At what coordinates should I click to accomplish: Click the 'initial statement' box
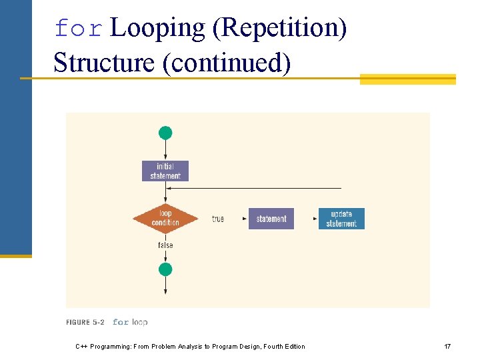pyautogui.click(x=165, y=171)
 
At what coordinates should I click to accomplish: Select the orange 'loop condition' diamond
pyautogui.click(x=165, y=219)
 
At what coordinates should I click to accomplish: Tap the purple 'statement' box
pyautogui.click(x=271, y=219)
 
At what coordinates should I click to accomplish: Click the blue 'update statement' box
pyautogui.click(x=341, y=219)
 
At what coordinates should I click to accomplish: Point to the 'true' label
pyautogui.click(x=218, y=219)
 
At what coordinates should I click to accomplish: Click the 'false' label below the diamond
pyautogui.click(x=165, y=245)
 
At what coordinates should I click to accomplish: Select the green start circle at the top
pyautogui.click(x=165, y=133)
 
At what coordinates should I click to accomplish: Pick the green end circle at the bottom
pyautogui.click(x=165, y=269)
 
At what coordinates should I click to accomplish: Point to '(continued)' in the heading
pyautogui.click(x=227, y=63)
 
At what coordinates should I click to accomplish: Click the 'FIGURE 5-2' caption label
pyautogui.click(x=85, y=322)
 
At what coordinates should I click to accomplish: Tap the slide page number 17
pyautogui.click(x=447, y=346)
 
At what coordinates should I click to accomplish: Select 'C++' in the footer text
pyautogui.click(x=82, y=346)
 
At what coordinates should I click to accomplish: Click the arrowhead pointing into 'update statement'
pyautogui.click(x=315, y=219)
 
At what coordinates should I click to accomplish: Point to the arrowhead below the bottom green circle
pyautogui.click(x=165, y=291)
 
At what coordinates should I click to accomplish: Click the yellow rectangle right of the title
pyautogui.click(x=407, y=79)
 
